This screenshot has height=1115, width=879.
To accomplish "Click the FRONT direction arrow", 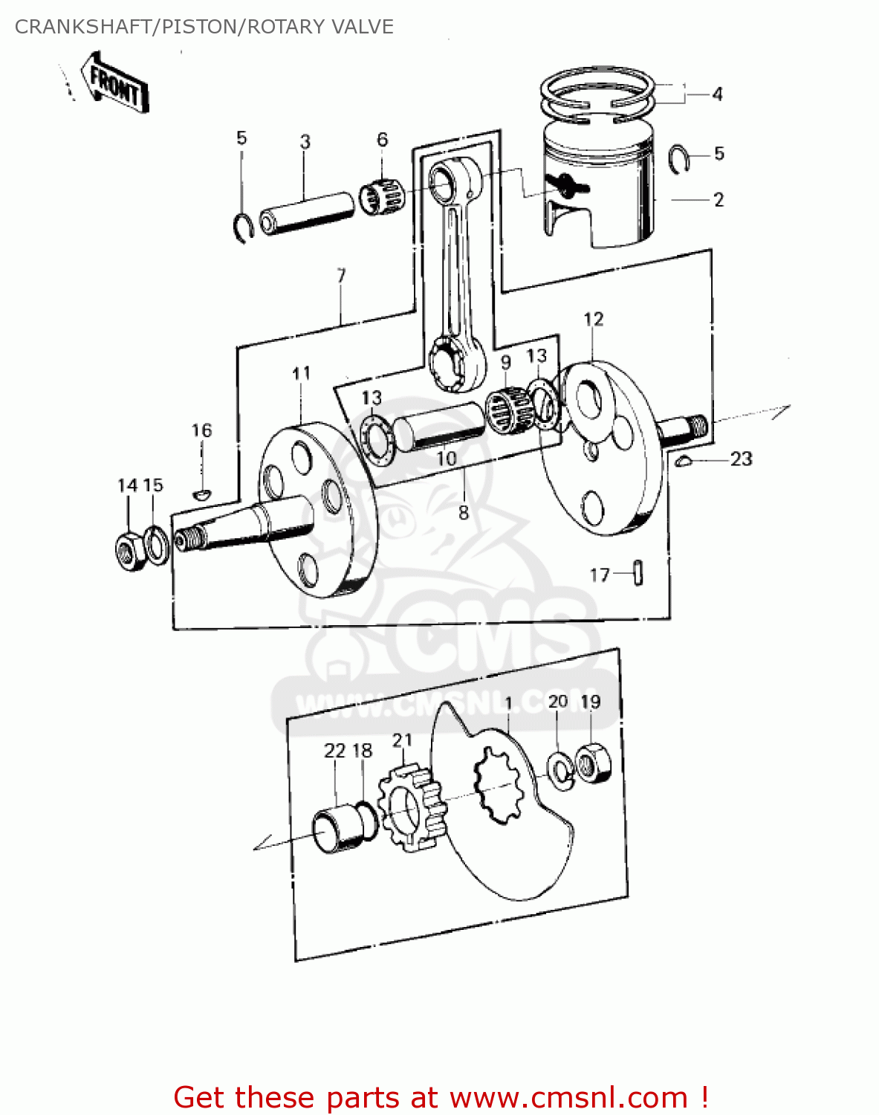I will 115,83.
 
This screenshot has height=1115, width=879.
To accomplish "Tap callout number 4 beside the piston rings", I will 717,94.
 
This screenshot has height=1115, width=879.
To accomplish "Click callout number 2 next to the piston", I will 719,200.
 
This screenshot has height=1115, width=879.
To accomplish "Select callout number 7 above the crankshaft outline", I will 341,276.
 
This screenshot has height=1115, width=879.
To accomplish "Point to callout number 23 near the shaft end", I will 741,459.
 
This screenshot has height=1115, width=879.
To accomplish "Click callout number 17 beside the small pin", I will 599,575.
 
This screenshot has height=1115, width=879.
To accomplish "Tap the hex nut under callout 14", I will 130,552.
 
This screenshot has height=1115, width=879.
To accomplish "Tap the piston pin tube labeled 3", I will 305,213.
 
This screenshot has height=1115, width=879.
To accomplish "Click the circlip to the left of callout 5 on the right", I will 678,159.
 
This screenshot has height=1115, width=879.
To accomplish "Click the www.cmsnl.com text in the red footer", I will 568,1097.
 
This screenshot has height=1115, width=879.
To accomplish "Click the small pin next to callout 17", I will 638,573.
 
